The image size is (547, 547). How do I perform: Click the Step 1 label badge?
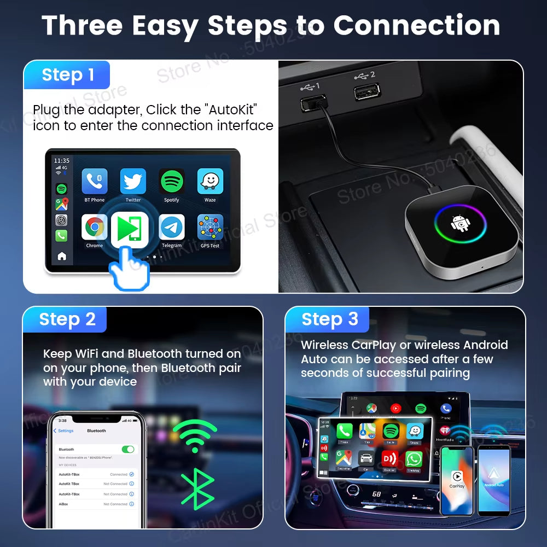67,75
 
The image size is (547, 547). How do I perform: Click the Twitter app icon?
133,182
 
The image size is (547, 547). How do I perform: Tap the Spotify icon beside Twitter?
171,182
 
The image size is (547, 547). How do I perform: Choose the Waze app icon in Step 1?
210,182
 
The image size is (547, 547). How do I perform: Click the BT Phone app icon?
94,182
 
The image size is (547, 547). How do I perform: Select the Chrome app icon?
94,227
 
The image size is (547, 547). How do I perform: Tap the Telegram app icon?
171,227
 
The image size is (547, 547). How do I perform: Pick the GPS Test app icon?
210,227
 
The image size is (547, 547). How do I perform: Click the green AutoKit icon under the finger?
130,229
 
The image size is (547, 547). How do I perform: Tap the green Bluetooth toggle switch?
128,449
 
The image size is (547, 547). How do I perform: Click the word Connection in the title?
417,25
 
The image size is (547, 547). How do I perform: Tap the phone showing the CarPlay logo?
457,480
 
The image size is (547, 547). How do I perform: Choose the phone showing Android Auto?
494,480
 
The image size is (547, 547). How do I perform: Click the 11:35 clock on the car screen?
61,160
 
